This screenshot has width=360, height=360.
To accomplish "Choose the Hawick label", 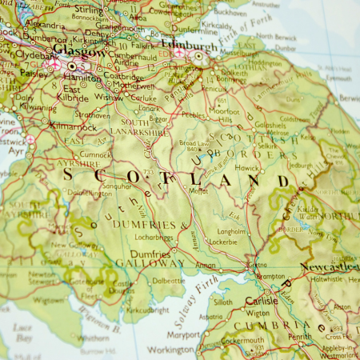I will click(246, 169).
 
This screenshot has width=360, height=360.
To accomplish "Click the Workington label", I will click(170, 350).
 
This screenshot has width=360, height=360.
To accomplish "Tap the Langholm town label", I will click(232, 230).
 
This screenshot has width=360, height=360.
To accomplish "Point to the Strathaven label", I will click(94, 114).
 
